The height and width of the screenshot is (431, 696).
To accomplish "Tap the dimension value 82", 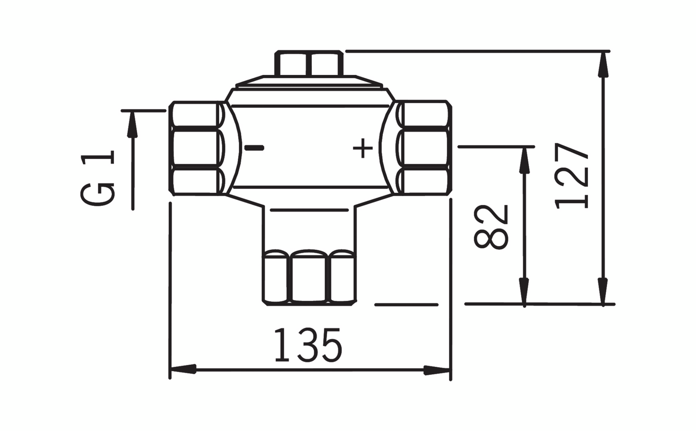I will coord(491,227).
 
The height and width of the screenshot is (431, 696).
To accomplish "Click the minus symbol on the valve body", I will coord(254,147).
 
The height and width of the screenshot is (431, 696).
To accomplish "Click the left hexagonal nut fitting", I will coord(196,148).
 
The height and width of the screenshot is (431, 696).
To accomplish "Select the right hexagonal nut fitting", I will coord(424,148).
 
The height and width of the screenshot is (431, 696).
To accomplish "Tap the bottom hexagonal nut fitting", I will coord(309,277).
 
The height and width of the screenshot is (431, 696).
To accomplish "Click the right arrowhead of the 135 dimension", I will coord(437,371).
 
